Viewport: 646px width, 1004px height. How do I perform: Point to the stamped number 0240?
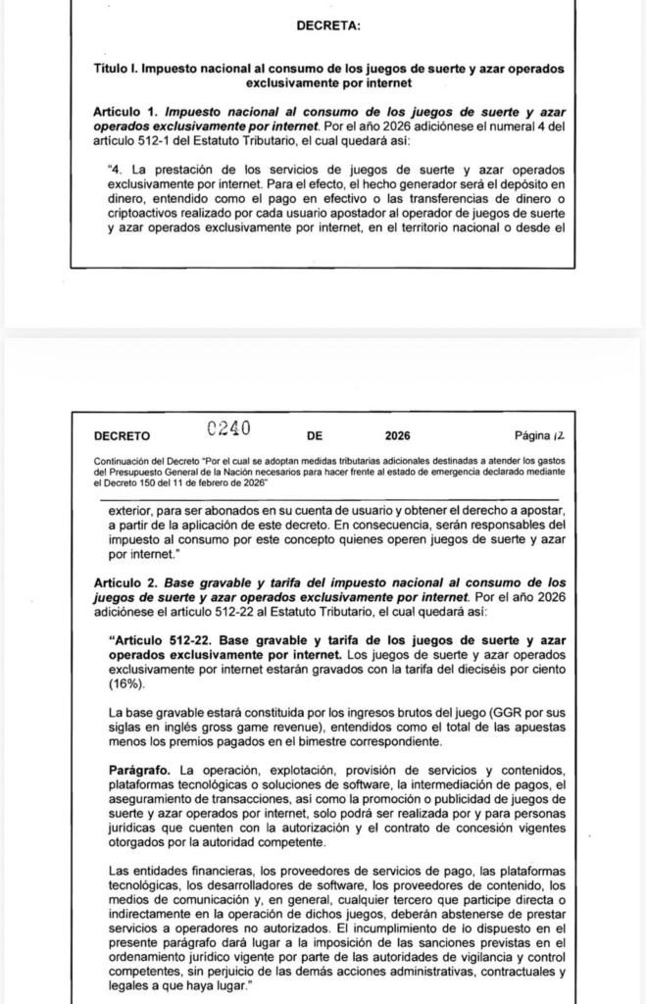(229, 428)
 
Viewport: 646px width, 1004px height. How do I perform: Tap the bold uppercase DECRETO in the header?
(123, 435)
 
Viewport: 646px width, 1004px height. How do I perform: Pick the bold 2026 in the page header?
(398, 435)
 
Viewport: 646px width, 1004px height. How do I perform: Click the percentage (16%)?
(126, 682)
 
